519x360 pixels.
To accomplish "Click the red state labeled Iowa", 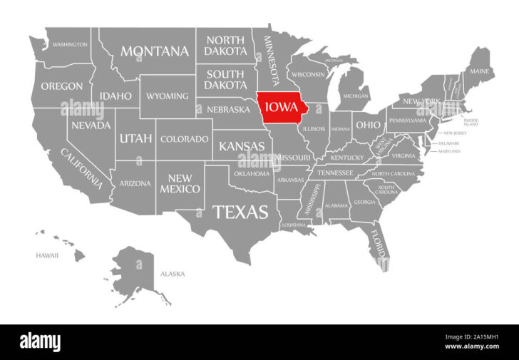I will click(x=282, y=108).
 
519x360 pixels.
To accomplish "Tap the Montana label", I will click(x=155, y=51).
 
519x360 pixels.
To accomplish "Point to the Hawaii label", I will click(x=47, y=255).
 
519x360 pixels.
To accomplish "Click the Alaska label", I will click(x=172, y=274).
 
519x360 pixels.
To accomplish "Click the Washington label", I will click(x=70, y=44).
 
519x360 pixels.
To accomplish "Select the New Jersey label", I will click(x=454, y=133).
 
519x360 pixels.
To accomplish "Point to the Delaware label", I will click(x=448, y=143).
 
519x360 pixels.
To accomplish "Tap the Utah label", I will click(x=135, y=138).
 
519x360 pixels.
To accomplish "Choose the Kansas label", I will click(x=242, y=146).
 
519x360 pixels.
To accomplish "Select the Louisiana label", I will click(x=293, y=225).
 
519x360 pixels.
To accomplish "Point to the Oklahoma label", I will click(x=252, y=173).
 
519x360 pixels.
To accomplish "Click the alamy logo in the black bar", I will click(x=40, y=341).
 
